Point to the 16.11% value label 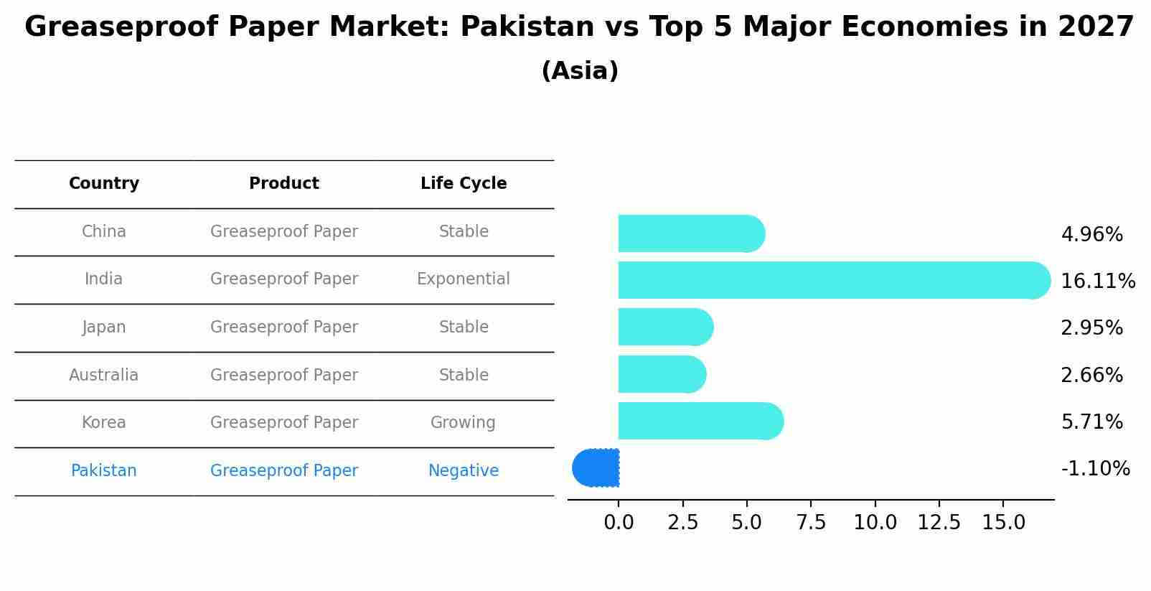pyautogui.click(x=1097, y=281)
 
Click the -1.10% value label pyautogui.click(x=1095, y=468)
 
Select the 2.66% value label pyautogui.click(x=1091, y=375)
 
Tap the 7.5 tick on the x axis pyautogui.click(x=811, y=523)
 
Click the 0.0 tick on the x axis pyautogui.click(x=619, y=523)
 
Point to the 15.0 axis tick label pyautogui.click(x=1003, y=523)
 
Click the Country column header pyautogui.click(x=104, y=184)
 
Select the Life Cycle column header pyautogui.click(x=464, y=184)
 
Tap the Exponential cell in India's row pyautogui.click(x=464, y=279)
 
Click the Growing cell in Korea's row pyautogui.click(x=463, y=422)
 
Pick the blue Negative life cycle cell pyautogui.click(x=464, y=470)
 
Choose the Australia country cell pyautogui.click(x=104, y=375)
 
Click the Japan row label pyautogui.click(x=104, y=327)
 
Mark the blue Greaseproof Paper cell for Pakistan pyautogui.click(x=284, y=470)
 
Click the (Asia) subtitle pyautogui.click(x=580, y=71)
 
